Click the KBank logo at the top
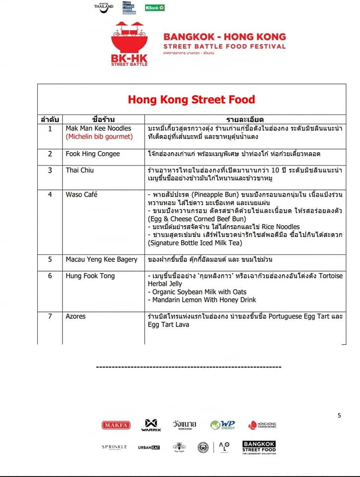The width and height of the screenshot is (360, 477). [x=155, y=8]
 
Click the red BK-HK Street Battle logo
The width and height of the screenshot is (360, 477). [x=129, y=44]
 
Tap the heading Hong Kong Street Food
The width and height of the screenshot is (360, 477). [x=191, y=99]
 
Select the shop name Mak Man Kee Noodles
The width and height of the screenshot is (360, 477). [x=98, y=128]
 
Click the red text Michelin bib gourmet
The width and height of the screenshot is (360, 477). [x=99, y=136]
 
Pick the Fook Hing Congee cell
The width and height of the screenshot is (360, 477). [x=92, y=154]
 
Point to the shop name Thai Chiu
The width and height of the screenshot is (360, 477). [x=80, y=170]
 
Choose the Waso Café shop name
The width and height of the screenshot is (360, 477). [x=82, y=194]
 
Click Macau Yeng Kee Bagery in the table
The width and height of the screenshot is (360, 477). [x=101, y=259]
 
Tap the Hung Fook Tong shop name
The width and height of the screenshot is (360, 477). [x=90, y=276]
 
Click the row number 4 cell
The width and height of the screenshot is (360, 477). [x=50, y=194]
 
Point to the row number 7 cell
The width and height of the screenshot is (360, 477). [x=50, y=317]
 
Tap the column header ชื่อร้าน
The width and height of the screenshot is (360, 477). [x=103, y=120]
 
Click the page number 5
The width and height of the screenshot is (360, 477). [x=340, y=415]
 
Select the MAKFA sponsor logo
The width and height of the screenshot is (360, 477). [x=116, y=425]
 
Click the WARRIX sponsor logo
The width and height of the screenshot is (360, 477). [x=149, y=425]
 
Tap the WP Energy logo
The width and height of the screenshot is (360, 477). [x=222, y=425]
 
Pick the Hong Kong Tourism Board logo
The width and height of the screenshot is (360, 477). [x=262, y=425]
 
